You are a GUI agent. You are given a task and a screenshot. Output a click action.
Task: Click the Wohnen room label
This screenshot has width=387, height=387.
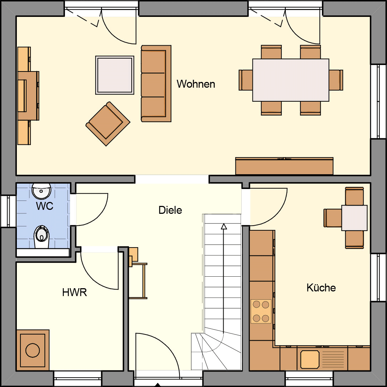196,84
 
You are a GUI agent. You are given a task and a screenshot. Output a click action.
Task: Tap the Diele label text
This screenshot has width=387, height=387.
170,210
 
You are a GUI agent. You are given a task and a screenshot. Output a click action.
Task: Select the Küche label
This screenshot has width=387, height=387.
321,288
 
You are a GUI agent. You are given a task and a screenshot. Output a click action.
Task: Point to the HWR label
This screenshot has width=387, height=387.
74,292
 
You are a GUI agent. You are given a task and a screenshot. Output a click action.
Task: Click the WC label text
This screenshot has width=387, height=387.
45,206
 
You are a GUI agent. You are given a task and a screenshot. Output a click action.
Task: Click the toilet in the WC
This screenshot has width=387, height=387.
42,237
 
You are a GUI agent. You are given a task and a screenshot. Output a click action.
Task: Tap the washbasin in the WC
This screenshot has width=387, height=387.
42,191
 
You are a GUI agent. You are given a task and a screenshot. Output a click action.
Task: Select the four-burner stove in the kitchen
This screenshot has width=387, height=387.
261,311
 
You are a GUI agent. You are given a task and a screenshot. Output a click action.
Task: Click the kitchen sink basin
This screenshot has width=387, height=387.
310,359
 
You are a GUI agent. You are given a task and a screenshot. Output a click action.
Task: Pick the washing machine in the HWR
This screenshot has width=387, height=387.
33,350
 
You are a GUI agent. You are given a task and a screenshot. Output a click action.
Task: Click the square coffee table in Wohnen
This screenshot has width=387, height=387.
115,75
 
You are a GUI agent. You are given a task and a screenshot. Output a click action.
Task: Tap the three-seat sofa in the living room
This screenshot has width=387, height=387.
156,83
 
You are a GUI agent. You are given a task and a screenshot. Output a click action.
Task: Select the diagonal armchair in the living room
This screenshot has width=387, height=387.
108,124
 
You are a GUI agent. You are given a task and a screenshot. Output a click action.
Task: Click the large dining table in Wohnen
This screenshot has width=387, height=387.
291,80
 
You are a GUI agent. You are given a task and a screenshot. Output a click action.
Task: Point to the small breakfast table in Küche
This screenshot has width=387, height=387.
354,218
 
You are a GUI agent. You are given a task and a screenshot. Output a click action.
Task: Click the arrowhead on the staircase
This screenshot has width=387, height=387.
224,226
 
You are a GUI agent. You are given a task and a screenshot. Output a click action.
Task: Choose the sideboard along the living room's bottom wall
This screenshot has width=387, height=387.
284,166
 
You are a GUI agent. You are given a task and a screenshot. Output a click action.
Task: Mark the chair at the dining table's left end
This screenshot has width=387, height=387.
246,80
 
